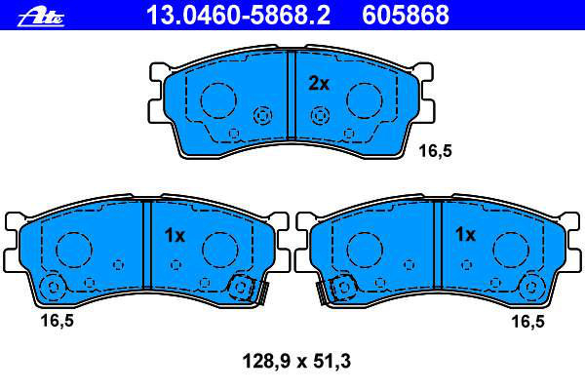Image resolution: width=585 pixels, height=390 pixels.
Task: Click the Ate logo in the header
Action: (41, 18)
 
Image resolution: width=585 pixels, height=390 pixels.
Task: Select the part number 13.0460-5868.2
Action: (238, 15)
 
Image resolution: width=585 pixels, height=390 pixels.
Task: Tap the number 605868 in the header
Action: (406, 15)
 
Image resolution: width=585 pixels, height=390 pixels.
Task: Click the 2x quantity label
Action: (319, 84)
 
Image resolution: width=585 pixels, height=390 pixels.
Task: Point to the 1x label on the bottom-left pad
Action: (175, 235)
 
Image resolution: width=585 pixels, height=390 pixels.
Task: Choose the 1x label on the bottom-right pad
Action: (465, 234)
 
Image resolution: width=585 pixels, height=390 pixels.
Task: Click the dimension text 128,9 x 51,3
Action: (296, 362)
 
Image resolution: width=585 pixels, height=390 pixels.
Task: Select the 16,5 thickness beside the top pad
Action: (435, 151)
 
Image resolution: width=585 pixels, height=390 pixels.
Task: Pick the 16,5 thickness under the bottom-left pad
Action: (58, 321)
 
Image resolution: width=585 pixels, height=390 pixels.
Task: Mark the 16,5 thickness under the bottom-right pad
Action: (527, 322)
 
